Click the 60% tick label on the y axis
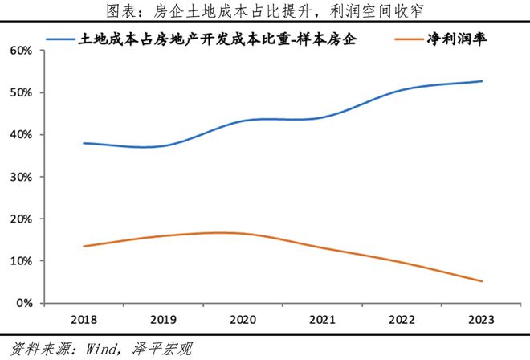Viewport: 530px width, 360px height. [x=22, y=51]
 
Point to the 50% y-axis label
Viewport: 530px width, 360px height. [x=22, y=92]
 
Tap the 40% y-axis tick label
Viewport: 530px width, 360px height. [x=22, y=135]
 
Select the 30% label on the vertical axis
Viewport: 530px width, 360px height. [x=22, y=177]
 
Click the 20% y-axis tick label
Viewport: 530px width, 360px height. [x=22, y=219]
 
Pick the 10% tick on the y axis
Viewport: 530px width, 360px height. [x=22, y=261]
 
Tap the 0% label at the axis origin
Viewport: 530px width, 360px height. [x=25, y=303]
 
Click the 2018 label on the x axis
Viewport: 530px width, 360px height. [x=84, y=320]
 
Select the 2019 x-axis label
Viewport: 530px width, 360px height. [x=163, y=320]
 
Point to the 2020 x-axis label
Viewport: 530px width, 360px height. [x=243, y=320]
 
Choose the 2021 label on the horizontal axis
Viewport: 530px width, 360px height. [x=322, y=320]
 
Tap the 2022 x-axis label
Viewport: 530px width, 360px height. [x=402, y=320]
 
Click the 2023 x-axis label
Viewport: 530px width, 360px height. [x=481, y=320]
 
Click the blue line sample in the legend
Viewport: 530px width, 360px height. [x=60, y=39]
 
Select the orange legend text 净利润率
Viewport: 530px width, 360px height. [x=457, y=39]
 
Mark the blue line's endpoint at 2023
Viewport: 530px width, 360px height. [x=482, y=81]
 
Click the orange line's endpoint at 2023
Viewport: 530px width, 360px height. [x=482, y=281]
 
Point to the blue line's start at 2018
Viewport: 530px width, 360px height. [x=84, y=143]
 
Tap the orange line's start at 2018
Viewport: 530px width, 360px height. [x=84, y=247]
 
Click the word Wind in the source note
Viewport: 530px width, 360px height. [x=100, y=349]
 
